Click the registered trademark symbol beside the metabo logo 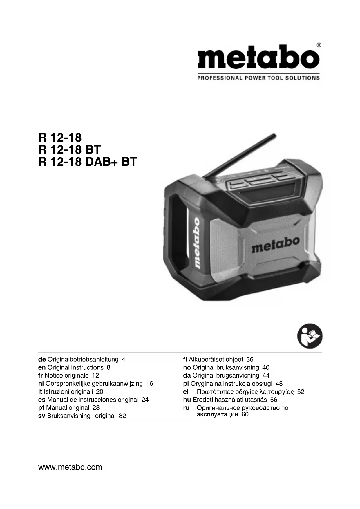click(x=319, y=45)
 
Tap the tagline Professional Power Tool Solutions click(x=258, y=78)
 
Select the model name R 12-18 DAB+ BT click(x=87, y=162)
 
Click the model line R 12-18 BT click(x=69, y=150)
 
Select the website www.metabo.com click(x=70, y=467)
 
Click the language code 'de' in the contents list click(x=42, y=359)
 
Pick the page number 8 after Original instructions click(x=108, y=367)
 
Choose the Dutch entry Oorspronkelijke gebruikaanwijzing click(x=94, y=384)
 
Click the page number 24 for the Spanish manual click(x=145, y=400)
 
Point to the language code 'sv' click(x=42, y=416)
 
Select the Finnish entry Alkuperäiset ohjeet click(x=216, y=359)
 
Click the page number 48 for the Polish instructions click(x=279, y=384)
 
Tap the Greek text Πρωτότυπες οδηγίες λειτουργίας click(x=245, y=392)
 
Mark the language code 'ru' click(x=186, y=408)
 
